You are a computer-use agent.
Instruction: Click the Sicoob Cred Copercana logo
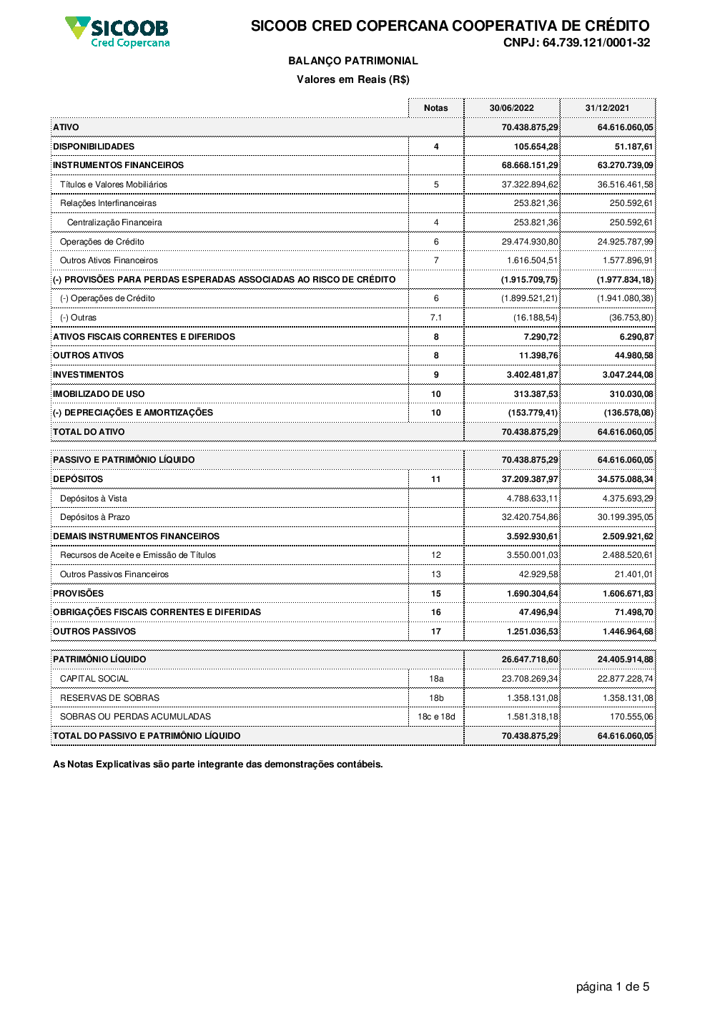click(x=118, y=32)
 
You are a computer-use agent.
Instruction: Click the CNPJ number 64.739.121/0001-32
click(x=576, y=43)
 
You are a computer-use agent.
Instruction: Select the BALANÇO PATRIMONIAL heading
click(x=353, y=62)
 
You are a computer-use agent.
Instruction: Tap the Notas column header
click(x=435, y=108)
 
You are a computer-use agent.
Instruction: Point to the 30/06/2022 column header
click(x=511, y=108)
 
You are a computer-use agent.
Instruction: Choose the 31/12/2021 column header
click(x=607, y=108)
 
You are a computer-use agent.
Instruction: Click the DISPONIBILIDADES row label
click(x=94, y=147)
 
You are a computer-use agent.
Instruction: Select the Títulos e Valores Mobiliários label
click(x=114, y=185)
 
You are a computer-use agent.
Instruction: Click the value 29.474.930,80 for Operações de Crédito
click(x=530, y=242)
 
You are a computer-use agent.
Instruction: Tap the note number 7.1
click(x=436, y=318)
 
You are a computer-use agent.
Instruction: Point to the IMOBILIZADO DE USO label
click(x=99, y=394)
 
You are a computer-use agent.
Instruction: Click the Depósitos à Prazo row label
click(x=95, y=517)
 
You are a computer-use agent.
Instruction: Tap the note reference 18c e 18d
click(x=436, y=717)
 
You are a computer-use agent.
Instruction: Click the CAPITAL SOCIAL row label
click(x=94, y=679)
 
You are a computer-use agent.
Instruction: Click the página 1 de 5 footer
click(x=613, y=987)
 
